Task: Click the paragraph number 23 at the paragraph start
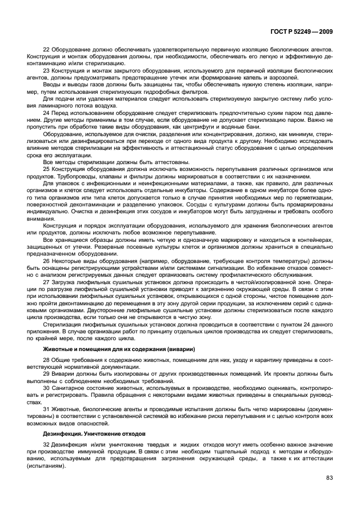(46, 70)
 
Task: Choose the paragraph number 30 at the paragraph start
(46, 388)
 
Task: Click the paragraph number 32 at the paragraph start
(46, 445)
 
